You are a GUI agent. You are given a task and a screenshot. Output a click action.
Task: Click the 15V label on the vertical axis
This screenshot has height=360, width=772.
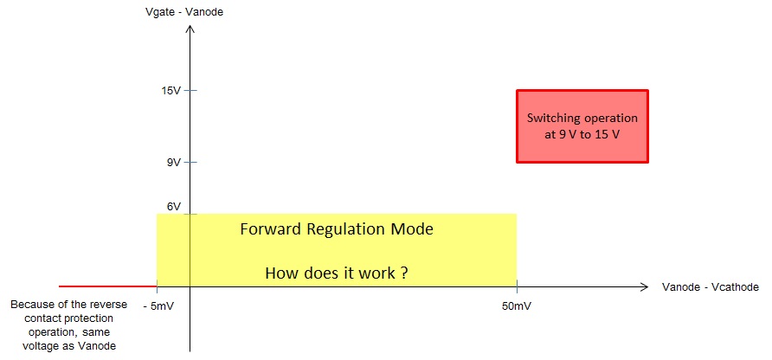coord(171,91)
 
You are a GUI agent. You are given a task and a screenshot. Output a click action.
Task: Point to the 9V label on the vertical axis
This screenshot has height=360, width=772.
coord(174,162)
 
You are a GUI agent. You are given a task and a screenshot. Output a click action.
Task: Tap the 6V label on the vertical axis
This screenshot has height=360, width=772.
coord(174,207)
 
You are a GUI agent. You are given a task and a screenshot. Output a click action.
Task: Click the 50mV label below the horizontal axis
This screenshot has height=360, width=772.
coord(516,305)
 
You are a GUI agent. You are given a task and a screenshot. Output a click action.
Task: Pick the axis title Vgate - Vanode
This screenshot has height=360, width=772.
coord(184,12)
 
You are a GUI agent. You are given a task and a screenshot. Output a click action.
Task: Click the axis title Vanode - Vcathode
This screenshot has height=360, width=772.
coord(711,287)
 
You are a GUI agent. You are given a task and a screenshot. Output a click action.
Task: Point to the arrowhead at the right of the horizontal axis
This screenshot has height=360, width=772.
coord(644,286)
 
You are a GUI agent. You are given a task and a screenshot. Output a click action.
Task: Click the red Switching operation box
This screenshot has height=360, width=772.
coord(582,126)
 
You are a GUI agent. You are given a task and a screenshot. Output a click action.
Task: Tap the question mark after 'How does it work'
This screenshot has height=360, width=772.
coord(403,273)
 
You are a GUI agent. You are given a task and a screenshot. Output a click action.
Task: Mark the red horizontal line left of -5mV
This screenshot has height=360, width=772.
coord(108,286)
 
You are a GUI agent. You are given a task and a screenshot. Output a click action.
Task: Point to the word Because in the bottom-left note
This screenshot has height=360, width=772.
coord(31,305)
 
